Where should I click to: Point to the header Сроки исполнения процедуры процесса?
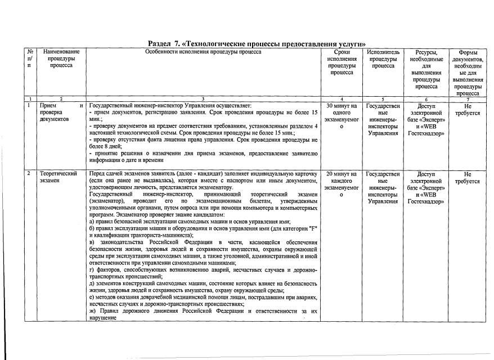pyautogui.click(x=342, y=62)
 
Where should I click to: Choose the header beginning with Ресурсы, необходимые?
pyautogui.click(x=426, y=69)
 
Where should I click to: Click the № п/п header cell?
pyautogui.click(x=29, y=58)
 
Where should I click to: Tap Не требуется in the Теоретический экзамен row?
pyautogui.click(x=468, y=178)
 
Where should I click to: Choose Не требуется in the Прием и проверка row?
pyautogui.click(x=468, y=109)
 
